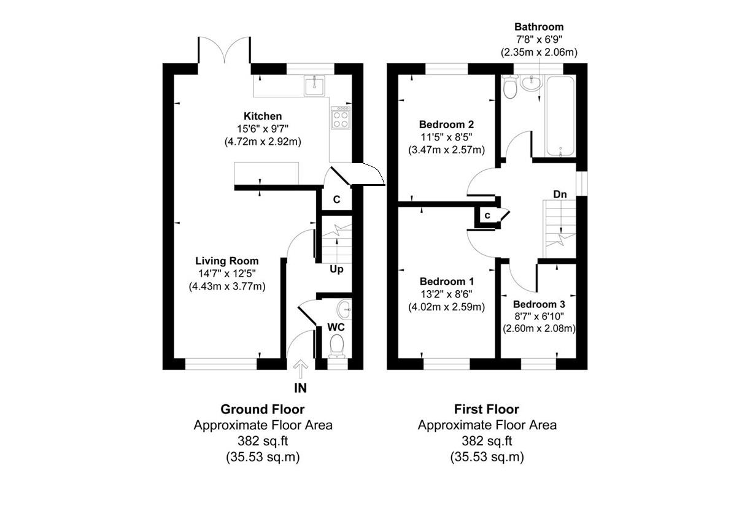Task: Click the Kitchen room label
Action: (263, 116)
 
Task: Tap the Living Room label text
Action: (227, 261)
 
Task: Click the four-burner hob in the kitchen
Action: (341, 118)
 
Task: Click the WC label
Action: (336, 327)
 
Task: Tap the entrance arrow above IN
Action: (300, 369)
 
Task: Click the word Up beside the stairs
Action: (336, 269)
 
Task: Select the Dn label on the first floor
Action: (560, 194)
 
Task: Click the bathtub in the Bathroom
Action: (560, 116)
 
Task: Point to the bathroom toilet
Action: (509, 88)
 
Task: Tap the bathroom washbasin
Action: (530, 84)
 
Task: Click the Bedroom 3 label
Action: (539, 304)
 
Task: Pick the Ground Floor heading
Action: (263, 409)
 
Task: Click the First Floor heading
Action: (487, 409)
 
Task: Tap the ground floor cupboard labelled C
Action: (336, 199)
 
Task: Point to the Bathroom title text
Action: (539, 27)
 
